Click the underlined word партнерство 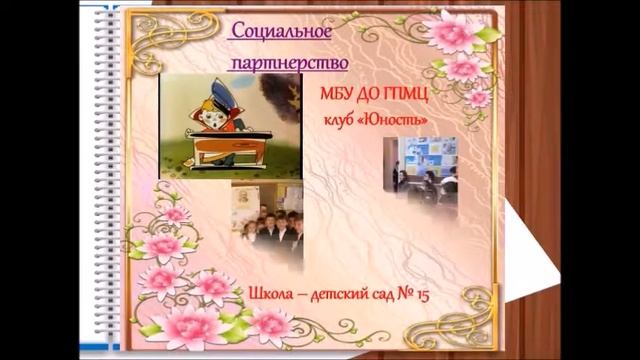[x=289, y=63]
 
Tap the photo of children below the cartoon [x=267, y=225]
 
